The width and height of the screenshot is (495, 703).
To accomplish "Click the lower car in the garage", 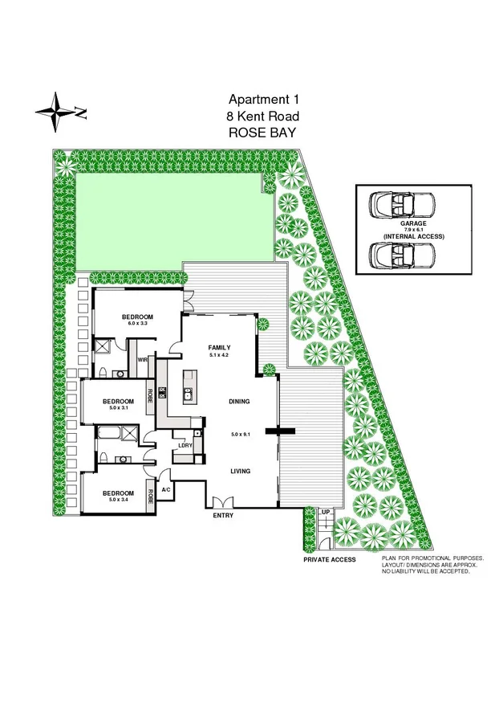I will [x=401, y=255].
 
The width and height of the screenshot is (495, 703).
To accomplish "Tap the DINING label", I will [x=240, y=401].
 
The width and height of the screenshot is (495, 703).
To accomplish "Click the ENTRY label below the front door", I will [x=223, y=516].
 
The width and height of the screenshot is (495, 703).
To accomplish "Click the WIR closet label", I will [x=143, y=360].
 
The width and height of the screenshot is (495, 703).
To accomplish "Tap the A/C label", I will [x=165, y=488].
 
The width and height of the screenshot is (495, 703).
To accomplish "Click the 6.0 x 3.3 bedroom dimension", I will [x=137, y=324].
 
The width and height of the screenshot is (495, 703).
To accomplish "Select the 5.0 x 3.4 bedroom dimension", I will [x=117, y=499].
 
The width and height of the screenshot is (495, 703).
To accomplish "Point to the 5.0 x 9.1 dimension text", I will [x=241, y=435].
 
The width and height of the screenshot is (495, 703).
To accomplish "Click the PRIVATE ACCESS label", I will [x=329, y=559].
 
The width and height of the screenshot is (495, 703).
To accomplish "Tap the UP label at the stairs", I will [x=325, y=512].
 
